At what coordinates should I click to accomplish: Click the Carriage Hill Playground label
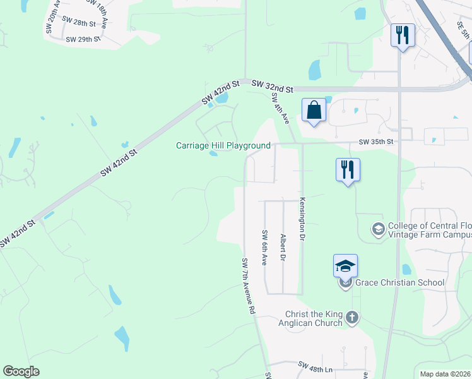coord(223,146)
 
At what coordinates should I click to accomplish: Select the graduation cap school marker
coord(345,266)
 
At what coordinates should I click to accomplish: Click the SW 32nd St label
coord(272,86)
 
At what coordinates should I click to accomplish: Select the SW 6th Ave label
coord(264,248)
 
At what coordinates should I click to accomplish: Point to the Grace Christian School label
coord(400,282)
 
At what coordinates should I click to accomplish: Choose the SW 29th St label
coord(83,39)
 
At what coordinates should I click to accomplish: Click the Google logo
coord(21,371)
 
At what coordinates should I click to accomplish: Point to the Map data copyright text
coord(445,374)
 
